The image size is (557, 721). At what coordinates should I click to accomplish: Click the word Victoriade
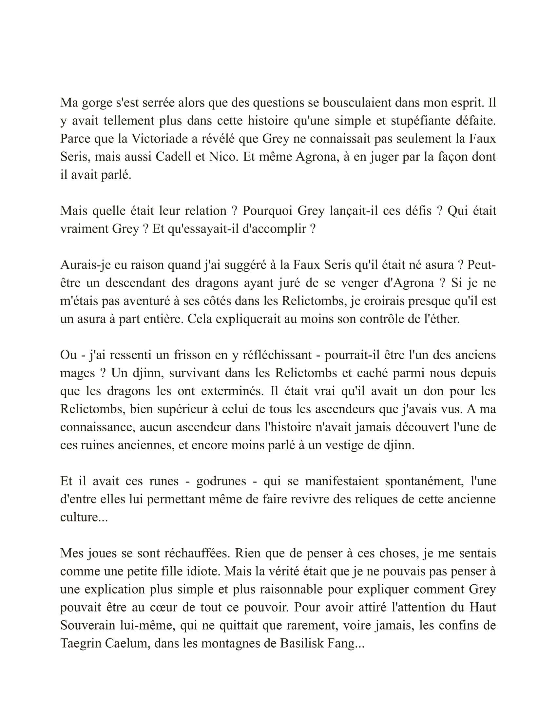(x=160, y=139)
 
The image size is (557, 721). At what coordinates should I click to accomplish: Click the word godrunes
(x=221, y=481)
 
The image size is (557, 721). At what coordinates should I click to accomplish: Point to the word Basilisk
(x=302, y=643)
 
